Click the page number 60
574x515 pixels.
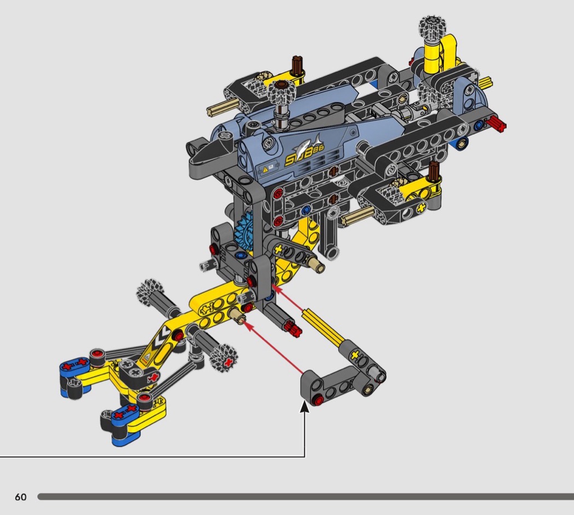(x=21, y=497)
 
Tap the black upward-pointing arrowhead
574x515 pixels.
(x=304, y=407)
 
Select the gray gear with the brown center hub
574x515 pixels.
(x=281, y=92)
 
